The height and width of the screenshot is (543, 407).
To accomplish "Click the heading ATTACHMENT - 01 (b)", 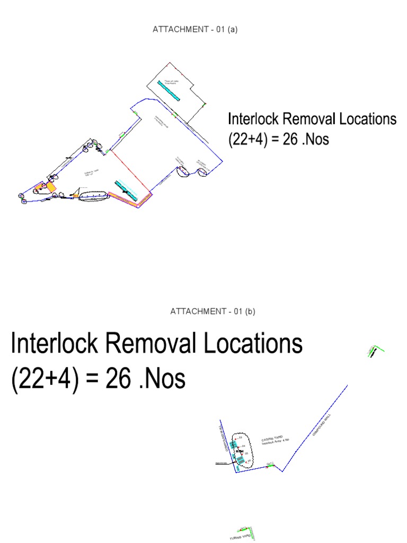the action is pyautogui.click(x=213, y=311).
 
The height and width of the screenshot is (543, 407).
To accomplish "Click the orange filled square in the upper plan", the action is pyautogui.click(x=51, y=187).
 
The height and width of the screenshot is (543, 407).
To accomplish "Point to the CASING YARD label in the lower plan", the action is pyautogui.click(x=272, y=440).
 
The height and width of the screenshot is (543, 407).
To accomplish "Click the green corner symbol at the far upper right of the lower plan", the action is pyautogui.click(x=375, y=350).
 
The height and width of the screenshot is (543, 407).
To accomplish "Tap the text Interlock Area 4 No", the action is pyautogui.click(x=274, y=444).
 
